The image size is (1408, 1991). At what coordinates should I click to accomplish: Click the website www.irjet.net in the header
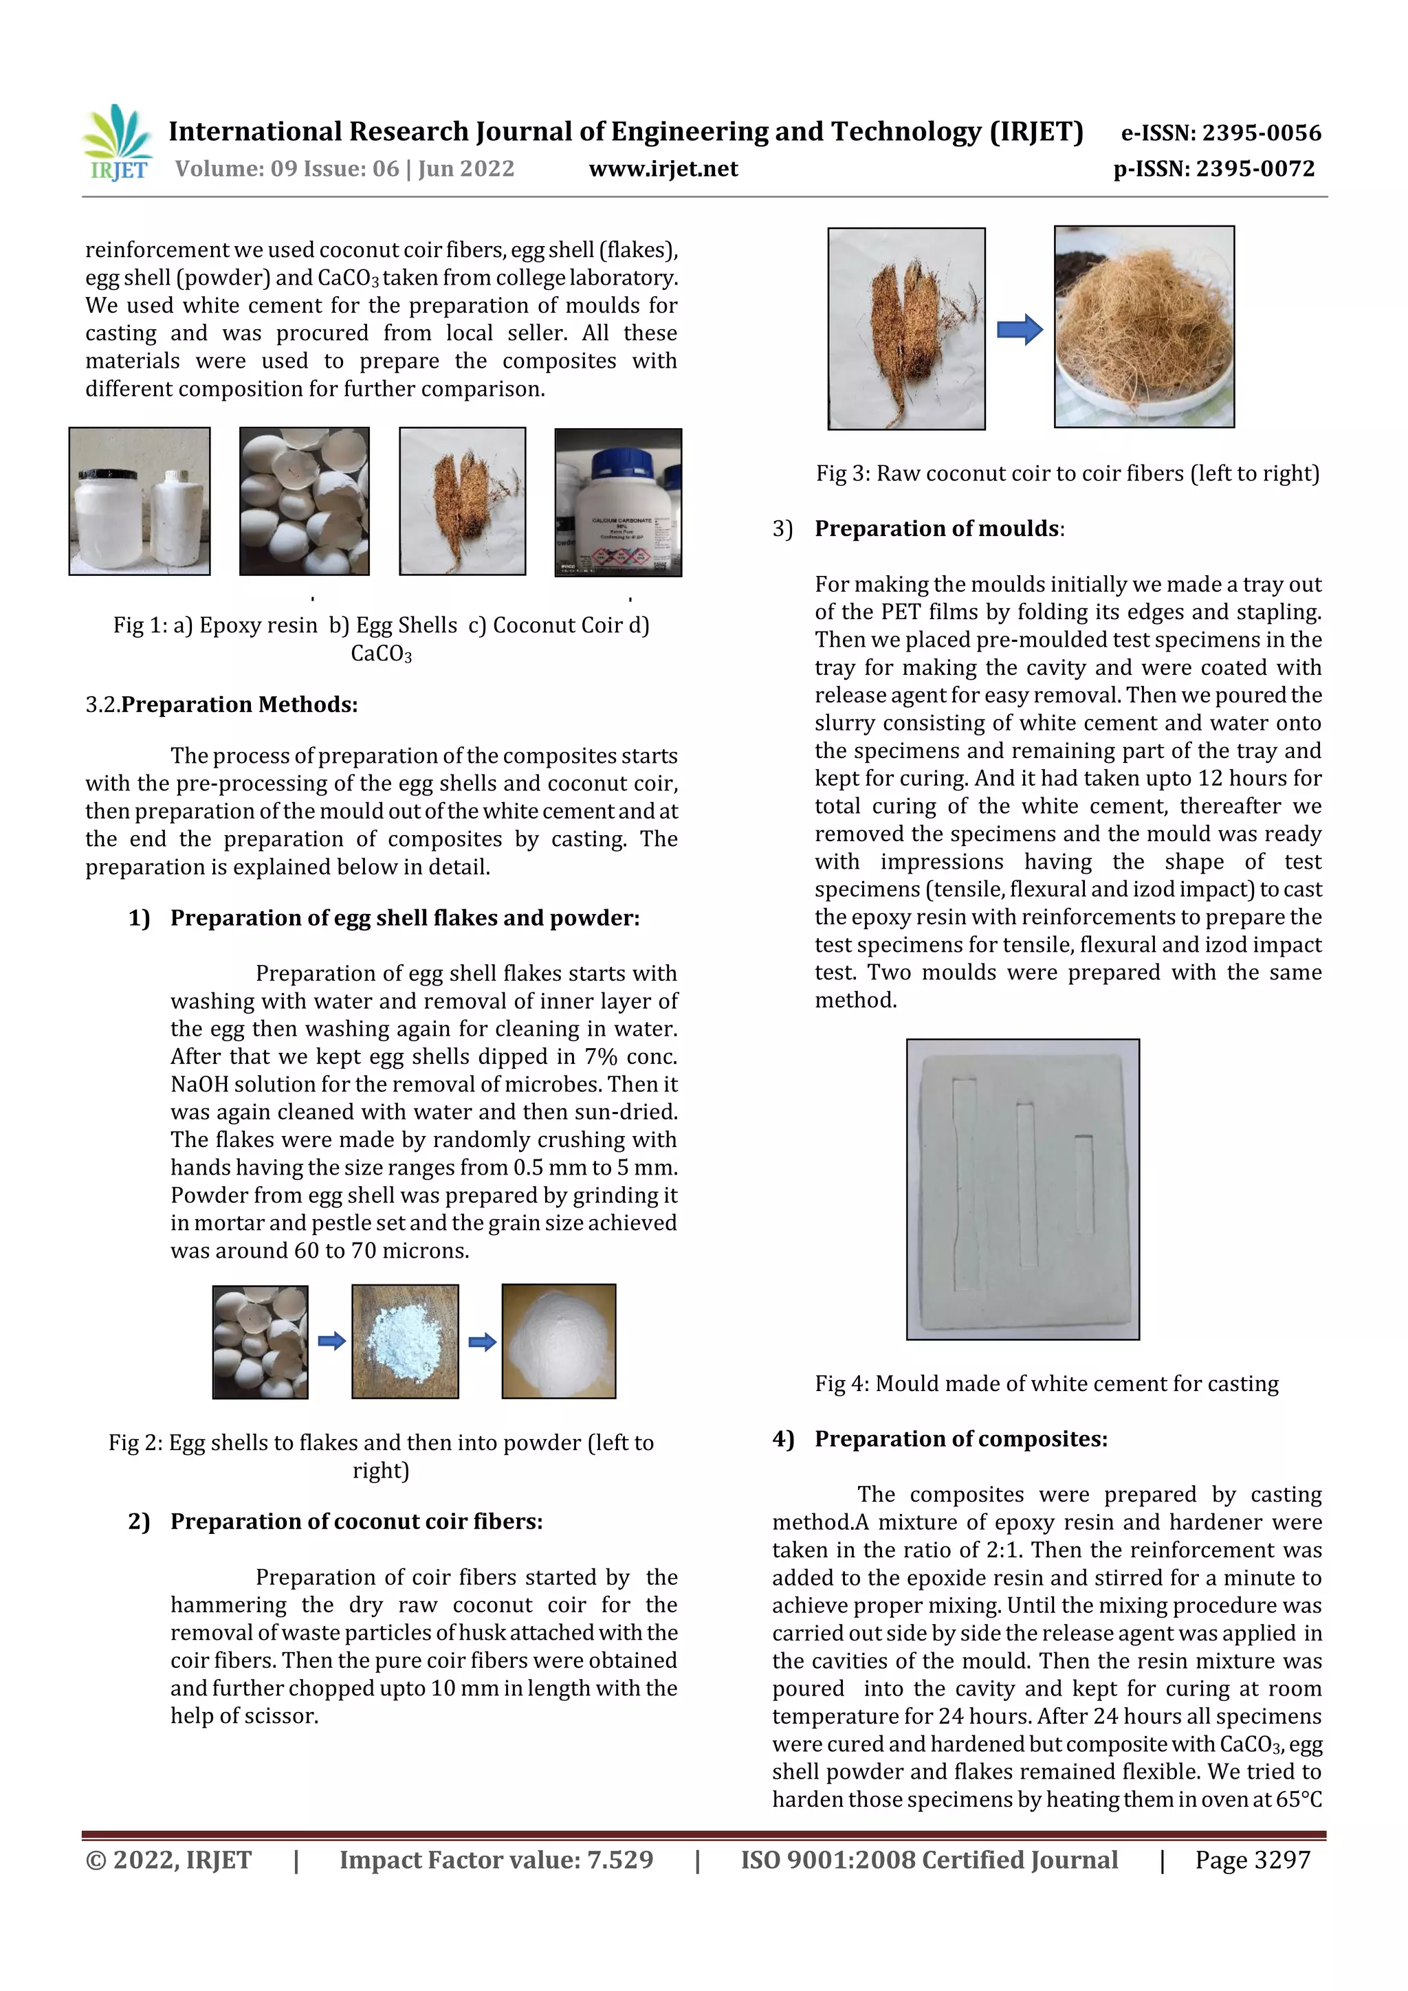663,169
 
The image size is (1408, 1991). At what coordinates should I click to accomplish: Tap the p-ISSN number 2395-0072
1255,169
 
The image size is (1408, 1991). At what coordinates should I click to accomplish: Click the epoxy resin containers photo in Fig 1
140,501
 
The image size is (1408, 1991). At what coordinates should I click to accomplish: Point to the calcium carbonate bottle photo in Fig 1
617,502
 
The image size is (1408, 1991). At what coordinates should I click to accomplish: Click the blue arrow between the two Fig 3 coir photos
1020,329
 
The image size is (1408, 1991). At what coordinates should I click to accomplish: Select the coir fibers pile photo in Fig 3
1143,327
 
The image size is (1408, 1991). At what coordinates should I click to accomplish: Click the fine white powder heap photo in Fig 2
559,1341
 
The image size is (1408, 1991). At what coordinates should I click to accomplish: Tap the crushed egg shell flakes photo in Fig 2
405,1342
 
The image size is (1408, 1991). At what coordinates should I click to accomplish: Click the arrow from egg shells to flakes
331,1342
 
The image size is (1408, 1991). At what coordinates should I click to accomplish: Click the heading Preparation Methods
239,705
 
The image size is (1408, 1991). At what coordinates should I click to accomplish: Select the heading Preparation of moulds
937,529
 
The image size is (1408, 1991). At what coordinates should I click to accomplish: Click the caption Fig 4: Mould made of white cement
1046,1384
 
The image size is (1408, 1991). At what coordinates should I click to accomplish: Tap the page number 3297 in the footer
1281,1860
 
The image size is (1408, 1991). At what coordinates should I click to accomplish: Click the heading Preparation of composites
960,1440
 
